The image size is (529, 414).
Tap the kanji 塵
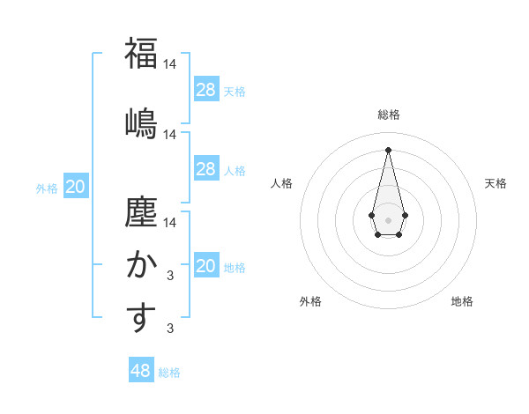pos(141,214)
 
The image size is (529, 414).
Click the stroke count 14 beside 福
pos(170,64)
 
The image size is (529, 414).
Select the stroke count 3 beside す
pos(170,329)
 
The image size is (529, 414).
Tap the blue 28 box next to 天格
pos(206,89)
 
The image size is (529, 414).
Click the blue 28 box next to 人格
pos(206,169)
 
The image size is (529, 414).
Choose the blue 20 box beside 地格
pos(206,266)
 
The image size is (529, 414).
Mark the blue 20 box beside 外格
pos(76,187)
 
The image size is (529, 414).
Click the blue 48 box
pos(141,371)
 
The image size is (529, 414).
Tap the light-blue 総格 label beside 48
pos(169,373)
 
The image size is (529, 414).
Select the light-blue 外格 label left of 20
pos(47,188)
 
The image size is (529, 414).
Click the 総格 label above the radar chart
pos(389,115)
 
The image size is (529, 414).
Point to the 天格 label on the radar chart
pos(495,183)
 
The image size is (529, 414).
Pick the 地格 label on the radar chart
pos(462,301)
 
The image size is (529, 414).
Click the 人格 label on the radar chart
pos(282,183)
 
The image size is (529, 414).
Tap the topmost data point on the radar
pos(388,149)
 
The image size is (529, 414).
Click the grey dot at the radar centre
pos(388,219)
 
